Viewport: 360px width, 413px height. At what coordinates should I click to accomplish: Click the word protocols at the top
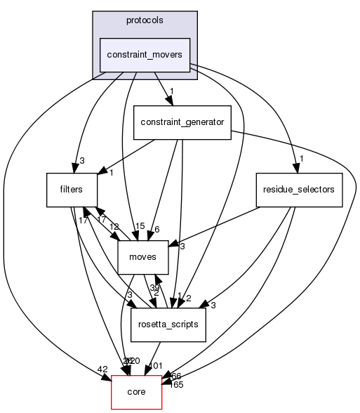click(x=145, y=20)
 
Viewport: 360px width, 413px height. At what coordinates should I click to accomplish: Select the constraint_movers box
click(x=145, y=55)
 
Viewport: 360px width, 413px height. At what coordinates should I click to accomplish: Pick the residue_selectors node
click(x=298, y=190)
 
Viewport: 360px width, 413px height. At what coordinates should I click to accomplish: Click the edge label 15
click(x=140, y=225)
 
